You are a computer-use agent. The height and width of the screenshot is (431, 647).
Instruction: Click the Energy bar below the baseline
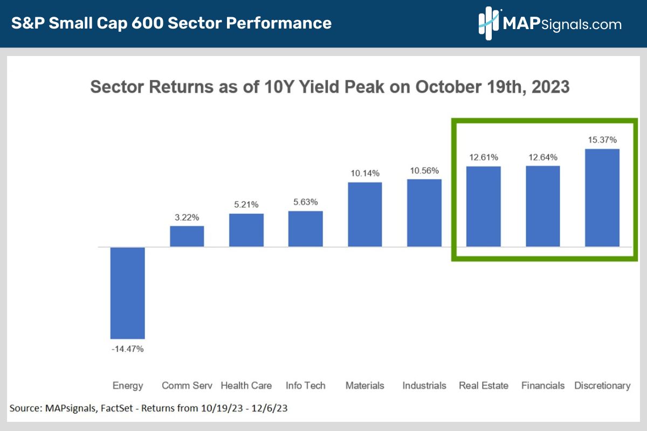click(x=128, y=293)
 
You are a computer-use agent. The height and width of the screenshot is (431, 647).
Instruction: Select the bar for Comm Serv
click(x=187, y=237)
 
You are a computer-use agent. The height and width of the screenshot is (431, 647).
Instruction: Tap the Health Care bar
click(x=246, y=231)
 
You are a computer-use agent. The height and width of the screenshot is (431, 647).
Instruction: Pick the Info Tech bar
click(x=306, y=229)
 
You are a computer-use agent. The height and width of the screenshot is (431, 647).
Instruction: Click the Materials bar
click(x=365, y=214)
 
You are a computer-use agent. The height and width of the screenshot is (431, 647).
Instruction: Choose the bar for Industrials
click(x=424, y=213)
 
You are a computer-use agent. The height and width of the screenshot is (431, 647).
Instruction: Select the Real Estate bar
click(x=484, y=206)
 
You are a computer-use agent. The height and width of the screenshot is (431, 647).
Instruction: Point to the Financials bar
click(x=543, y=206)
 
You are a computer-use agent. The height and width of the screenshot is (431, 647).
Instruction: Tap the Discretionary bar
click(x=602, y=198)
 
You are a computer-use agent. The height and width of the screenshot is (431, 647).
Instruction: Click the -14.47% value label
click(x=128, y=349)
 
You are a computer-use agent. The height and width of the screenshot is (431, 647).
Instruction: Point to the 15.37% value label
click(x=602, y=140)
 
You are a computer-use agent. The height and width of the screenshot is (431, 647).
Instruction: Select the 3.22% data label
click(x=187, y=217)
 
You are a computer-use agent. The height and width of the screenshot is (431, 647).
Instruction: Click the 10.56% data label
click(x=424, y=170)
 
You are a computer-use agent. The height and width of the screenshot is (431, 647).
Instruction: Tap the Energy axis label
click(x=128, y=385)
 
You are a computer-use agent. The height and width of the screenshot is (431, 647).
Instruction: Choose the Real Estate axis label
click(x=484, y=385)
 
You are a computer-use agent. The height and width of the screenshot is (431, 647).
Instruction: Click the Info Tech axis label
click(x=306, y=385)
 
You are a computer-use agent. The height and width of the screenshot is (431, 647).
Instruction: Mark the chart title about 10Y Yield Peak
click(x=330, y=87)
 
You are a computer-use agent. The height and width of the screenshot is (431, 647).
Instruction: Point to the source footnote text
click(x=148, y=408)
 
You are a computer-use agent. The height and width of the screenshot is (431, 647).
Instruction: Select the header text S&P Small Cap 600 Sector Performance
click(x=171, y=23)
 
